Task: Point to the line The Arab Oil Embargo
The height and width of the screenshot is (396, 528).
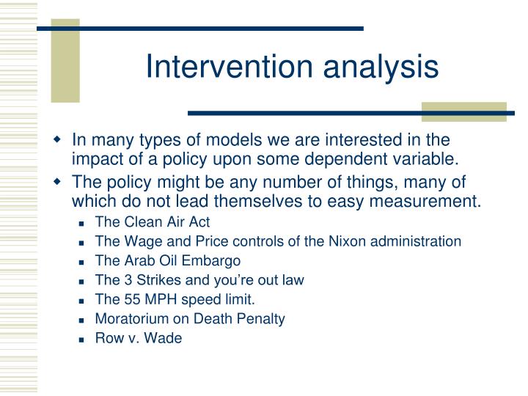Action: tap(168, 260)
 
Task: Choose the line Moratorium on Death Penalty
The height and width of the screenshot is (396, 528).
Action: tap(190, 319)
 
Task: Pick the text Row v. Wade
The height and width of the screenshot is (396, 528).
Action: tap(139, 339)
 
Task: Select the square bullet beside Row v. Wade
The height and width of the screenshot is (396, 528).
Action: tap(84, 340)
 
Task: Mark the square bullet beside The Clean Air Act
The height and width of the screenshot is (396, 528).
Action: tap(84, 221)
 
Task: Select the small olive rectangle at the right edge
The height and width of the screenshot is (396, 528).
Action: tap(463, 111)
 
